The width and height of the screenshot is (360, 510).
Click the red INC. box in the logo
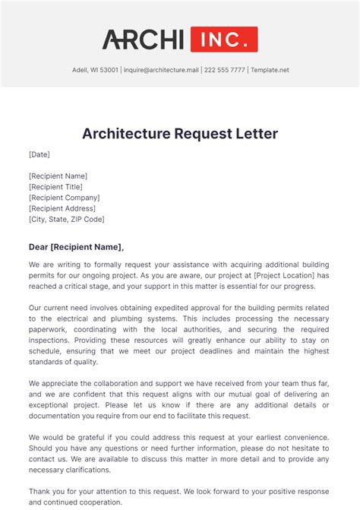pos(224,39)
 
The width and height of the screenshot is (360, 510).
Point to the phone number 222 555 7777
pos(225,70)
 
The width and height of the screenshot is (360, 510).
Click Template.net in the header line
pos(270,70)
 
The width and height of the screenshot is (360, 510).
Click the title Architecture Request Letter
pos(180,134)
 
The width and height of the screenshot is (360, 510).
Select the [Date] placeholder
pos(39,154)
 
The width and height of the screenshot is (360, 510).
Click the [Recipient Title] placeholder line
pos(55,187)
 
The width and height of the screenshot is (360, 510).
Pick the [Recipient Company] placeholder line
pos(65,198)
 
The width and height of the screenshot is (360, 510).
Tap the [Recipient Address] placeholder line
pos(62,208)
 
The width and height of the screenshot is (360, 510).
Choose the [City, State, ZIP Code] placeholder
pos(67,219)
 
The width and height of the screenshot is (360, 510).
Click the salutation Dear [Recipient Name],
pos(76,246)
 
